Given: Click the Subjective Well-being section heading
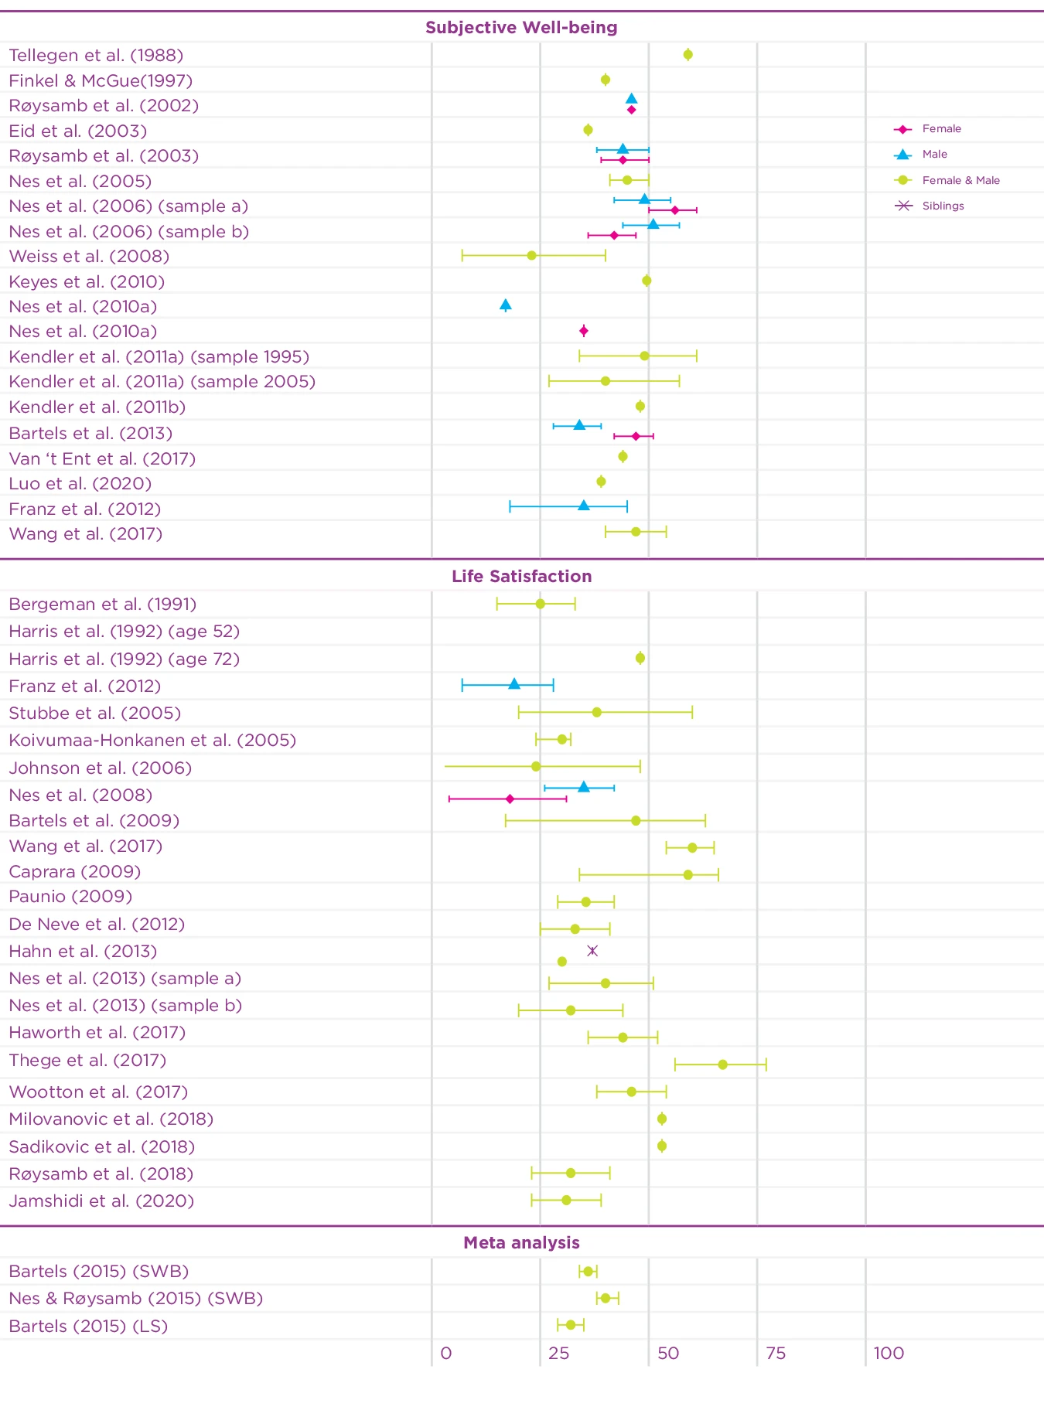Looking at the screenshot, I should pos(521,28).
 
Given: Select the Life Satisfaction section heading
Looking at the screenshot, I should pos(521,577).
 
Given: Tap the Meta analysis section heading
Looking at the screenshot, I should pos(521,1243).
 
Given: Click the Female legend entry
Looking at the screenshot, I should pos(940,129).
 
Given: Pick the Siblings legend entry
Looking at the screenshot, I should pos(942,206).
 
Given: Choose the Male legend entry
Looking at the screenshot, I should pos(934,155).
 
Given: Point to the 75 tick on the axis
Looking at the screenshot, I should pos(775,1354).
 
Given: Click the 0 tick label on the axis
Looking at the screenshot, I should pos(445,1354).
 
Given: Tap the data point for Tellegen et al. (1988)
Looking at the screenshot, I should pos(687,55).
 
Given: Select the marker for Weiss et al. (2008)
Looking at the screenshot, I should pos(531,256).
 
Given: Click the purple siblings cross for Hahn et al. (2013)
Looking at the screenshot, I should pos(592,951).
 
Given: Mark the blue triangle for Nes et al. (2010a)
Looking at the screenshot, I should pos(506,305).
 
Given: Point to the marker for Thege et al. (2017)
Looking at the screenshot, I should pos(722,1064).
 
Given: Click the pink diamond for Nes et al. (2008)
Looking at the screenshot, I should pos(510,799).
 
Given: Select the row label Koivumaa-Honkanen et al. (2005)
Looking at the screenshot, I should pos(152,741).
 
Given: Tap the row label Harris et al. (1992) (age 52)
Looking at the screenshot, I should pos(124,632).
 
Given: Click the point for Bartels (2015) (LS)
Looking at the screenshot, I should pos(571,1325).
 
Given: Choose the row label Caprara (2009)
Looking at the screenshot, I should pos(74,872).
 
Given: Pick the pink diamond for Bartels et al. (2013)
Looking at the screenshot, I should pos(636,436).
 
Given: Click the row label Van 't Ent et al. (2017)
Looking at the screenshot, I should pos(102,459).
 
